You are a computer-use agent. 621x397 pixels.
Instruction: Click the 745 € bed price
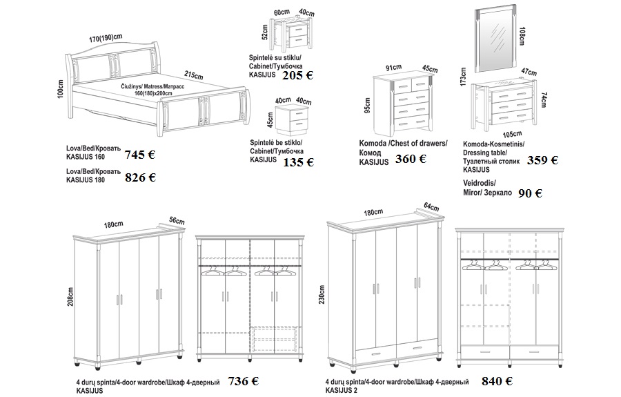pyautogui.click(x=140, y=155)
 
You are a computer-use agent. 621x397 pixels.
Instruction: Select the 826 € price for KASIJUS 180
pyautogui.click(x=140, y=177)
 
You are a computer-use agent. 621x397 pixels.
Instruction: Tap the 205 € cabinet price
pyautogui.click(x=297, y=75)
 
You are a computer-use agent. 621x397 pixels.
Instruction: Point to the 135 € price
pyautogui.click(x=298, y=162)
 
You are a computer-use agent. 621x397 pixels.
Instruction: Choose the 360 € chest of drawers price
pyautogui.click(x=411, y=159)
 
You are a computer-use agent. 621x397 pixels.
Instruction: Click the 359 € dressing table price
pyautogui.click(x=542, y=160)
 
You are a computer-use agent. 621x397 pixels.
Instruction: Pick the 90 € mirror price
pyautogui.click(x=531, y=193)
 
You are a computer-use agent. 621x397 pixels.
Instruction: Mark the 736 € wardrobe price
pyautogui.click(x=243, y=381)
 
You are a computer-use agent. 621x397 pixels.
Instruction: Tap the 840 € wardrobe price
pyautogui.click(x=497, y=381)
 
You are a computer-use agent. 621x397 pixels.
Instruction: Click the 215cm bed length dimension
pyautogui.click(x=194, y=75)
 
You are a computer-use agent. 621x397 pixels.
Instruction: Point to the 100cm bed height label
pyautogui.click(x=60, y=89)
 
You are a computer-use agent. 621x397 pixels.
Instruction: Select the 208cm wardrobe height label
pyautogui.click(x=71, y=297)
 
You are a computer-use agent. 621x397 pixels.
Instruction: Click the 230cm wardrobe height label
pyautogui.click(x=322, y=295)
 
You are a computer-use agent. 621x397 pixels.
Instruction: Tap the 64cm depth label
pyautogui.click(x=431, y=206)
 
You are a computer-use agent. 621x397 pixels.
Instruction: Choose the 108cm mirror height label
pyautogui.click(x=522, y=36)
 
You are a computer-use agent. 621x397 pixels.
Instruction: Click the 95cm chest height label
pyautogui.click(x=367, y=105)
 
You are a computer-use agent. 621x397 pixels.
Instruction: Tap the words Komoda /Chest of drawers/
pyautogui.click(x=403, y=144)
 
